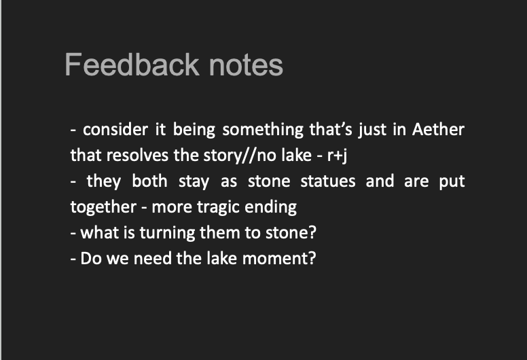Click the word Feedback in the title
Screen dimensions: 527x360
132,65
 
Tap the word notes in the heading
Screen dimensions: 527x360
246,65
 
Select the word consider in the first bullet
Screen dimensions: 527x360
115,130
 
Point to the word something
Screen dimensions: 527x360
263,130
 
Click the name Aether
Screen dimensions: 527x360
438,130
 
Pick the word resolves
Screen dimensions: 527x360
137,156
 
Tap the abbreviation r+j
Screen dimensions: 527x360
337,156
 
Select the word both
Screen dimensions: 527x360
149,181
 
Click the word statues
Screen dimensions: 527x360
328,181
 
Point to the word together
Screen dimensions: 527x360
103,207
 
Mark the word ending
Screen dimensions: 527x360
270,208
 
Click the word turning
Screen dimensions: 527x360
167,233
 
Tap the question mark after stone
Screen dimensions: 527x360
312,232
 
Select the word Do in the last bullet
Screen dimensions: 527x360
91,259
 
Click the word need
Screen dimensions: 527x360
153,259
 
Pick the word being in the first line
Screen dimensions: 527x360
194,130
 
